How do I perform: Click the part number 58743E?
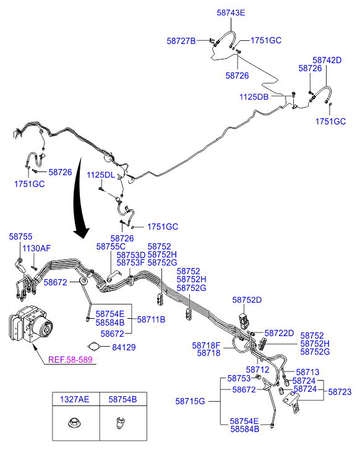click(231, 12)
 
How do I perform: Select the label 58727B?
click(181, 41)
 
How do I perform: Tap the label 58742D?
click(327, 60)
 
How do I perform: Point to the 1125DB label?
click(254, 97)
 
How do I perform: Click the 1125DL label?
click(101, 175)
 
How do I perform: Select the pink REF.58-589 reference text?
click(71, 360)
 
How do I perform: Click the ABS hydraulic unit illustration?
click(31, 324)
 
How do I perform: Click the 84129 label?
click(124, 347)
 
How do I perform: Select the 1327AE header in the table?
click(75, 399)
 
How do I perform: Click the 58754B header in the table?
click(122, 399)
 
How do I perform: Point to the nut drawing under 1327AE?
click(75, 422)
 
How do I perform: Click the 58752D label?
click(247, 300)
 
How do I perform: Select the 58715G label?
click(190, 401)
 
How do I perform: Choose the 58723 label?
click(340, 392)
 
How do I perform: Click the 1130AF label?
click(36, 248)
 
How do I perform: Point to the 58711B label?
click(151, 319)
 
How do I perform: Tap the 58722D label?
click(279, 333)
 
